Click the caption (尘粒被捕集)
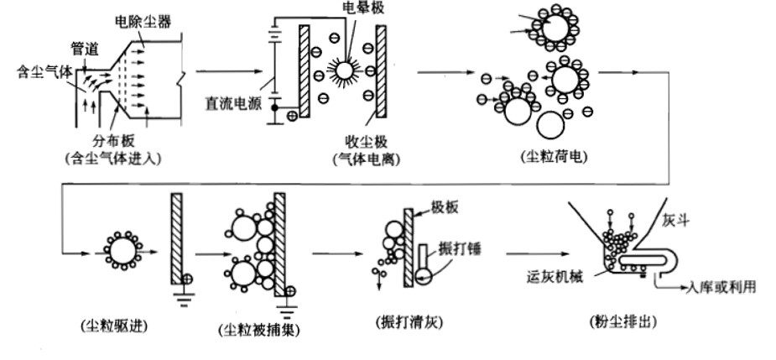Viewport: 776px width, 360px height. tap(252, 329)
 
